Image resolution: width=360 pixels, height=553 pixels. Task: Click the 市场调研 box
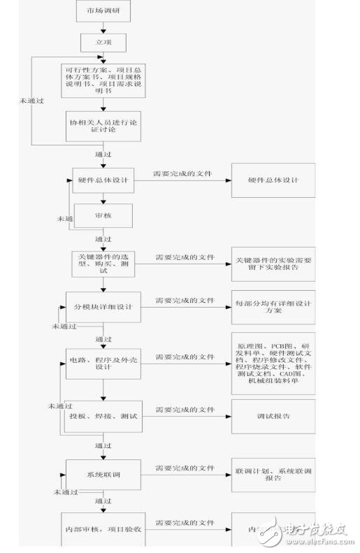103,12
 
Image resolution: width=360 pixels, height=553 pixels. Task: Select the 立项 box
103,43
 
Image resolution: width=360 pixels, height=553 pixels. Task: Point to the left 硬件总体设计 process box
103,180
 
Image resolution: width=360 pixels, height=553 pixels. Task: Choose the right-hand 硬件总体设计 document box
273,180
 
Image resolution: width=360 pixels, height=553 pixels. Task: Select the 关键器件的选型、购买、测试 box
103,263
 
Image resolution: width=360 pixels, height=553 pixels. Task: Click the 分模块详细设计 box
103,308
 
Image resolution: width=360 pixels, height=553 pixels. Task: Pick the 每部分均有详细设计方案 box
273,308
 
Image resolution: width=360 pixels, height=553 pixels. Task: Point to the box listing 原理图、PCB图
273,361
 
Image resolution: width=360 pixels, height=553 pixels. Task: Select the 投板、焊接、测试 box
103,417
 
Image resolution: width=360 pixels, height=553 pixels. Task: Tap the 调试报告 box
273,417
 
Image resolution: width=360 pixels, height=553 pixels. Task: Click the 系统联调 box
103,475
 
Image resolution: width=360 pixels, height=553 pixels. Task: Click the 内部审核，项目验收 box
103,530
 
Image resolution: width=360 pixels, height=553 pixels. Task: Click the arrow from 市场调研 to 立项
103,27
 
